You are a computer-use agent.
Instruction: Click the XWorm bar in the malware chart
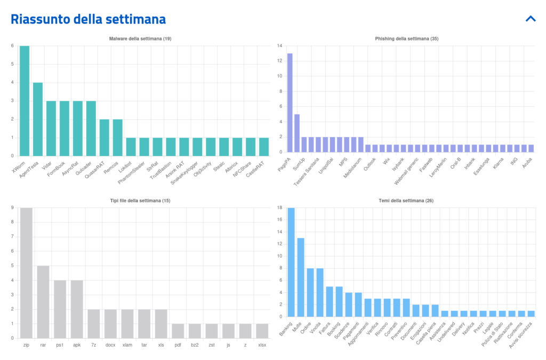point(25,101)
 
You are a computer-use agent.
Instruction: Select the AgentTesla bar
point(38,119)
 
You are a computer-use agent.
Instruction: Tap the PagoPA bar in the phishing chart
point(290,105)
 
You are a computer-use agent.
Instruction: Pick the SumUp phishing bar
point(297,135)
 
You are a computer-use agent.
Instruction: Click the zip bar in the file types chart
point(26,273)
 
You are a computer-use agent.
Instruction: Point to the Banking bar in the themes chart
point(291,262)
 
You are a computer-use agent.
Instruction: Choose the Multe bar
point(301,277)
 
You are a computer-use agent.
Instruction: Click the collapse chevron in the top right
point(531,19)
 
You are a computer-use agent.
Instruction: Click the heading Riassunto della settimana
point(89,19)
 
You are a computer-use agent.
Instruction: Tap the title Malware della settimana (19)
point(140,39)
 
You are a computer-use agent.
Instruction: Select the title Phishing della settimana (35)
point(407,39)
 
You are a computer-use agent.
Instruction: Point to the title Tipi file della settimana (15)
point(140,201)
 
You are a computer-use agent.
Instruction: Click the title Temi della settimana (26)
point(407,201)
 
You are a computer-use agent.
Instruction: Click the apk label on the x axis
point(77,345)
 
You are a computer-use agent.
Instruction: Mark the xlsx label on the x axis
point(262,345)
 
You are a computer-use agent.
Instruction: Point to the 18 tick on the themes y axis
point(279,208)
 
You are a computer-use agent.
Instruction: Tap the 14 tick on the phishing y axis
point(279,46)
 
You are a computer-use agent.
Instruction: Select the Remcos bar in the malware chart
point(117,138)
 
